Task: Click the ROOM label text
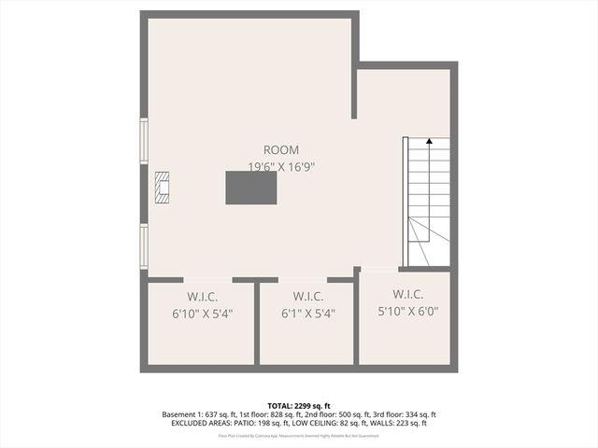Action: pos(280,149)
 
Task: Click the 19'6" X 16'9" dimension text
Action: pos(280,167)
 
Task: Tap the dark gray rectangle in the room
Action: pos(250,188)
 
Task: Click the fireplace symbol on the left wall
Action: pos(163,188)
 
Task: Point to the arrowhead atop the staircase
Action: pos(429,142)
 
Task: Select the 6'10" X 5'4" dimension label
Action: pos(201,314)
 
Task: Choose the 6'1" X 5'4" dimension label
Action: pos(304,314)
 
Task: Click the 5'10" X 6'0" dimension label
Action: pos(407,311)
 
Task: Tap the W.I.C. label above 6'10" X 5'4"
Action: pos(201,296)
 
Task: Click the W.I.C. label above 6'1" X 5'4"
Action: pos(304,296)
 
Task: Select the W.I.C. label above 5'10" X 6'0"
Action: pos(408,293)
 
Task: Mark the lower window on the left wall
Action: pos(144,245)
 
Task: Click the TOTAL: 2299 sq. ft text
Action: pos(299,406)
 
